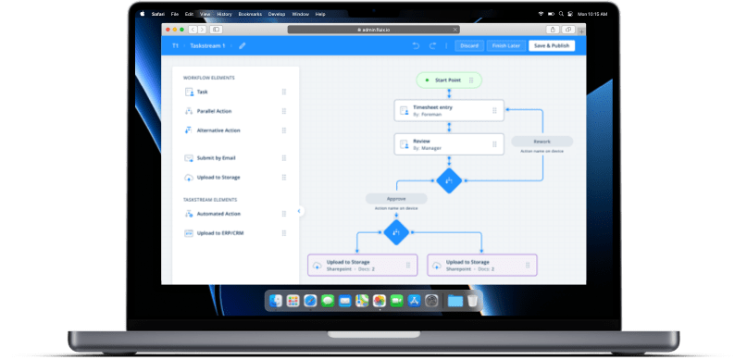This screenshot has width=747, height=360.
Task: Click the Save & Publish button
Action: coord(552,45)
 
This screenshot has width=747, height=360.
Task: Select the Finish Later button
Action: coord(505,45)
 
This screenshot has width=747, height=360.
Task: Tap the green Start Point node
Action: coord(449,81)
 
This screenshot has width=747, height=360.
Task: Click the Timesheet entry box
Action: coord(449,111)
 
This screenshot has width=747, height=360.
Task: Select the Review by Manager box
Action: coord(449,144)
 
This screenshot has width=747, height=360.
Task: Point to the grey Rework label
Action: coord(542,142)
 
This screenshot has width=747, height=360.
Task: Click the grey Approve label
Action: coord(396,198)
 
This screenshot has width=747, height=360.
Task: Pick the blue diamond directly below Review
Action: coord(449,180)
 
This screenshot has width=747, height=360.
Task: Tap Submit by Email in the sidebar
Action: coord(217,158)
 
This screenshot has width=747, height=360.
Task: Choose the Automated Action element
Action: coord(219,214)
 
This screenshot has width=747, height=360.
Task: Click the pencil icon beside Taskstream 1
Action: coord(243,45)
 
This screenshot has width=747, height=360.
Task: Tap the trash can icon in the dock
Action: coord(472,301)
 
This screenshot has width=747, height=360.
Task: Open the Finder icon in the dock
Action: coord(276,301)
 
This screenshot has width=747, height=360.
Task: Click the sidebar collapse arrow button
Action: coord(299,211)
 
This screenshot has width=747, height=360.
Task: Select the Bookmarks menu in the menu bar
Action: coord(250,15)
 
